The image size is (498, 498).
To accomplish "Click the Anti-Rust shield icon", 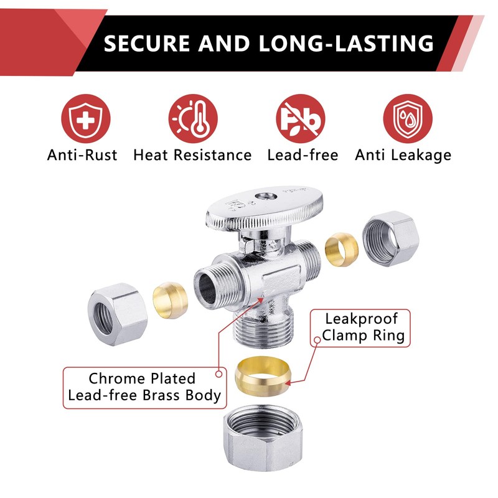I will pyautogui.click(x=85, y=118).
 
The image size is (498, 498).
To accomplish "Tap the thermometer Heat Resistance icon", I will pyautogui.click(x=193, y=118).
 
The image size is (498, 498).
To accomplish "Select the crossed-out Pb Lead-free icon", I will pyautogui.click(x=301, y=118).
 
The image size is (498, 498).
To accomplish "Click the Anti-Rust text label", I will pyautogui.click(x=82, y=155).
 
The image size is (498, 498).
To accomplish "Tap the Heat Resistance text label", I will pyautogui.click(x=192, y=155).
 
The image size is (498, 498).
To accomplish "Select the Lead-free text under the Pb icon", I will pyautogui.click(x=302, y=155).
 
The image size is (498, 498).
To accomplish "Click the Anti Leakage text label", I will pyautogui.click(x=403, y=155).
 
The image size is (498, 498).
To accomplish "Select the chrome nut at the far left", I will pyautogui.click(x=116, y=304).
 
